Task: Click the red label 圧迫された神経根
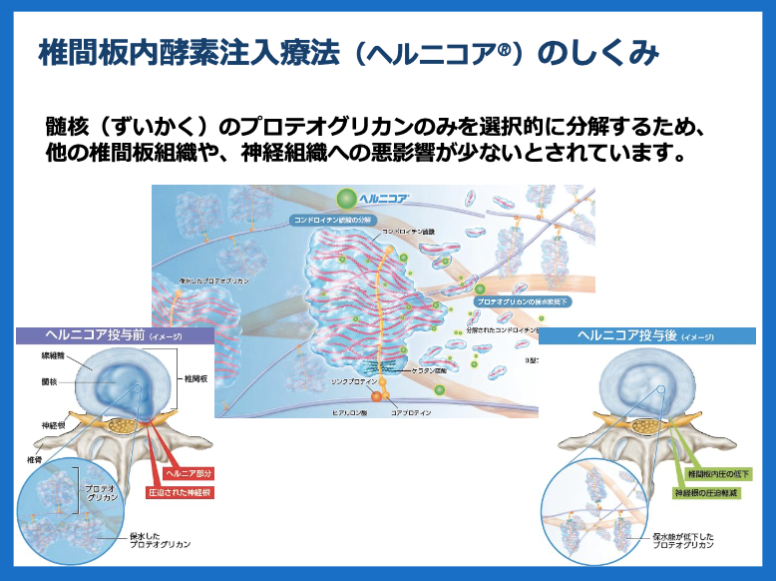point(182,491)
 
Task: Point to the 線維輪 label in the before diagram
point(55,355)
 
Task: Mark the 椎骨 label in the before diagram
point(34,458)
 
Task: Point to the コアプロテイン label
point(411,411)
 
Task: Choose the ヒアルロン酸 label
point(350,411)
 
